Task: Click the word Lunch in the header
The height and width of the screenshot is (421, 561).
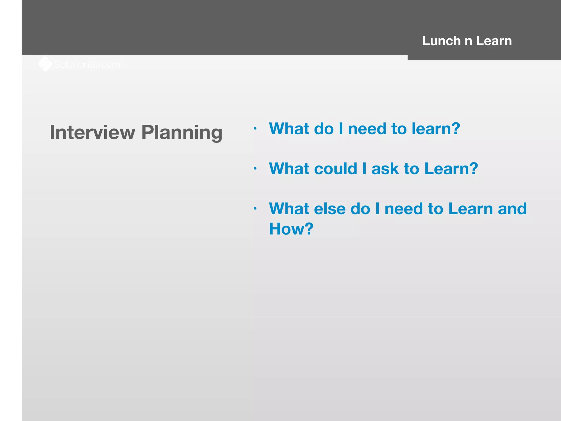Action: tap(441, 41)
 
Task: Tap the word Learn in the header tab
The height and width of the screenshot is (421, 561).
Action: tap(494, 41)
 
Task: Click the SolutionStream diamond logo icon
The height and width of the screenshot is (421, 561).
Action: tap(45, 64)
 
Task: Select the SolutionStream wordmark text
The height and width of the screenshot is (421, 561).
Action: tap(87, 65)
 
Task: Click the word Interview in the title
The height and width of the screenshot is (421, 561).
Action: tap(92, 132)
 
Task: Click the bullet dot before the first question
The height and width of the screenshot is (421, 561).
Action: tap(255, 128)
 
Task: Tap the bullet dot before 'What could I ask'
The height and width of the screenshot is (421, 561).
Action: tap(255, 168)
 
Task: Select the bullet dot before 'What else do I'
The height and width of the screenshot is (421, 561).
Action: tap(255, 209)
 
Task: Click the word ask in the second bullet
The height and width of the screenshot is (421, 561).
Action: tap(385, 169)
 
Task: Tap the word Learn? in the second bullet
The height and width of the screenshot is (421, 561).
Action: tap(451, 169)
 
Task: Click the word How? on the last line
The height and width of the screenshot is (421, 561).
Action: tap(291, 229)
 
